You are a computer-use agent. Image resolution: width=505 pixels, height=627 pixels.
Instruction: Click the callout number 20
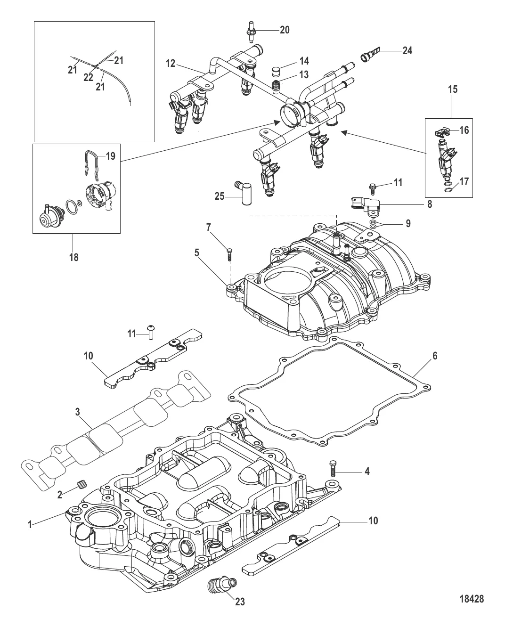click(285, 30)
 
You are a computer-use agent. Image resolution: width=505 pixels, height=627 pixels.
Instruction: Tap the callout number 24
click(407, 50)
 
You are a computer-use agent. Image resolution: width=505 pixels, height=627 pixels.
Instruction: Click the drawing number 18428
click(471, 600)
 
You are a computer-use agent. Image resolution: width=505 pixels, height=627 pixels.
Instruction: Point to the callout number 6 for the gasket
click(435, 356)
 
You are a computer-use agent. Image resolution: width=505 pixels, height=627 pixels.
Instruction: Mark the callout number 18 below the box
click(74, 257)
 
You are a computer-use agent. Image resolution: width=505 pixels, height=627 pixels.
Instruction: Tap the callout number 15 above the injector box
click(453, 89)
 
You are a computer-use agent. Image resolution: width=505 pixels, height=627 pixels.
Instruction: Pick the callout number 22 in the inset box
click(88, 77)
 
